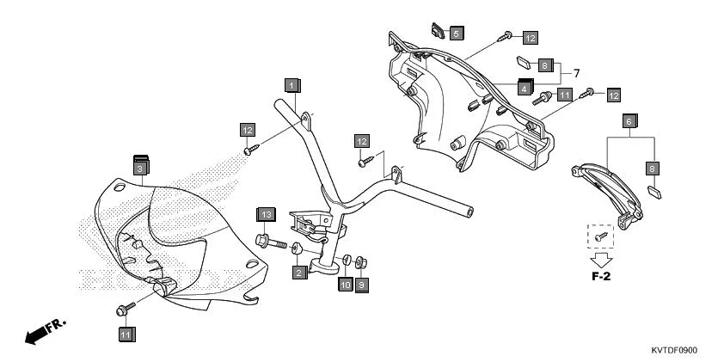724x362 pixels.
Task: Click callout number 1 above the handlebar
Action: (x=292, y=85)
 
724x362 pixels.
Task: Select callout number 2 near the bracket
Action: (x=298, y=273)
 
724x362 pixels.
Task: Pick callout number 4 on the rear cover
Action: (x=524, y=88)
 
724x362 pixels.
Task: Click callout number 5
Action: (x=456, y=33)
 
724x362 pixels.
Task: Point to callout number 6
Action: (x=629, y=121)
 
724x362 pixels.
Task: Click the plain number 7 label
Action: (x=577, y=73)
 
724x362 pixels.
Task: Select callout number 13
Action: (x=267, y=213)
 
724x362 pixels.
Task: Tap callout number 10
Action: (x=345, y=285)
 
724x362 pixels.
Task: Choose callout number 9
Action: (x=362, y=285)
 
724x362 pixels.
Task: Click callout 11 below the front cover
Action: (x=126, y=334)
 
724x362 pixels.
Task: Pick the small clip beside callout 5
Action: (x=438, y=33)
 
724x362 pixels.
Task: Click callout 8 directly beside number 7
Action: (x=546, y=65)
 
